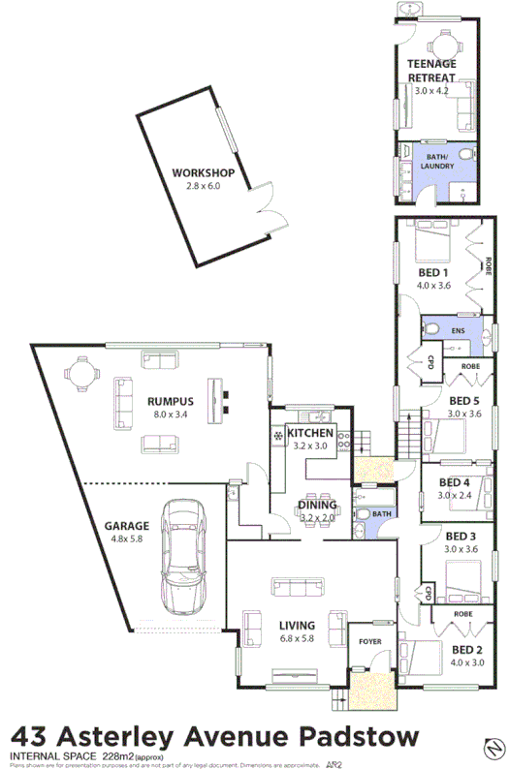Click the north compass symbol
(x=492, y=749)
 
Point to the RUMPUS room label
(x=171, y=402)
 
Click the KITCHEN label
(x=310, y=433)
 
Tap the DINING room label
(x=318, y=505)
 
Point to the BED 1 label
(x=431, y=272)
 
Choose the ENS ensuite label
(x=459, y=331)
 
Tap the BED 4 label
(x=454, y=481)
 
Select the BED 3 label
(x=460, y=536)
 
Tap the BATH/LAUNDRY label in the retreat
(x=433, y=161)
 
